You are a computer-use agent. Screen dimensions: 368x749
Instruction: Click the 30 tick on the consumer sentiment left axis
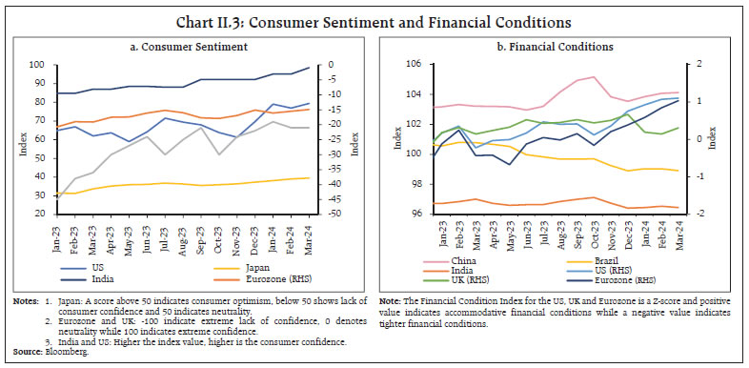click(38, 194)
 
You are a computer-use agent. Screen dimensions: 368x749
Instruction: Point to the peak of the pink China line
click(594, 77)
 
